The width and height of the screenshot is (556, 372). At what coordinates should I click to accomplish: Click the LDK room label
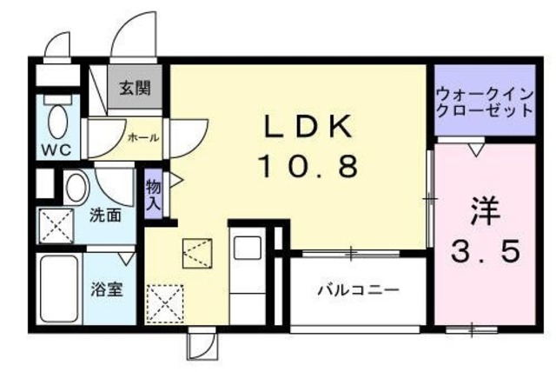pyautogui.click(x=308, y=127)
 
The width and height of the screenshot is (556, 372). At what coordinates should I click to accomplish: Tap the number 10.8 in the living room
pyautogui.click(x=308, y=165)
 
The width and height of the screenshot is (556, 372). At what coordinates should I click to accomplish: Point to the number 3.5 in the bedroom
pyautogui.click(x=486, y=250)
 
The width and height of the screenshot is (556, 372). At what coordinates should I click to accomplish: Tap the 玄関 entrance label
pyautogui.click(x=136, y=88)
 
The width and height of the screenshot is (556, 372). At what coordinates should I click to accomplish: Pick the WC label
pyautogui.click(x=55, y=149)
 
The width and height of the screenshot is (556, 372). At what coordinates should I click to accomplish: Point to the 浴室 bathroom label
pyautogui.click(x=105, y=288)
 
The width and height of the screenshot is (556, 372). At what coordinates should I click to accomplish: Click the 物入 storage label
pyautogui.click(x=153, y=194)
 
